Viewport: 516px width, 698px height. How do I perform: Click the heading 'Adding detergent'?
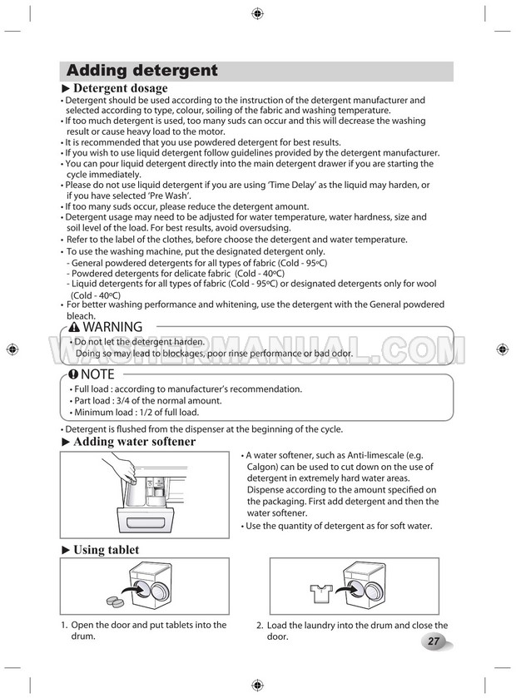tap(141, 71)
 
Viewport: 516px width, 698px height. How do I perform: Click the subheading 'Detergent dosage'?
tap(121, 88)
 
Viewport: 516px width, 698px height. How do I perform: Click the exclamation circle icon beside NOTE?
tap(74, 374)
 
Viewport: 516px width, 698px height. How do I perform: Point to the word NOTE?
tap(98, 374)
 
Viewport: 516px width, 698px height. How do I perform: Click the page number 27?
tap(434, 641)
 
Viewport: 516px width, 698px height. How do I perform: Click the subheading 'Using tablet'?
tap(106, 550)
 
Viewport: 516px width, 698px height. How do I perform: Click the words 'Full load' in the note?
tap(93, 389)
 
